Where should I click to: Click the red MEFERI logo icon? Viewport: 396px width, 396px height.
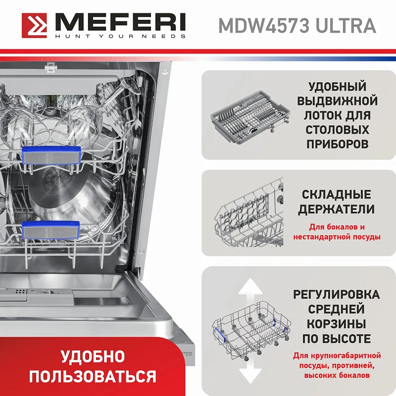(35, 25)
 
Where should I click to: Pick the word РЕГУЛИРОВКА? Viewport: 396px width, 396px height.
(337, 295)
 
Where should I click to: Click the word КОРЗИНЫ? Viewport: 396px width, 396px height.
(337, 324)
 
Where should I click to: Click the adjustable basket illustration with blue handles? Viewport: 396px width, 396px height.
(250, 333)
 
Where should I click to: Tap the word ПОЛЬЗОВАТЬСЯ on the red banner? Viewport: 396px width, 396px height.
(93, 376)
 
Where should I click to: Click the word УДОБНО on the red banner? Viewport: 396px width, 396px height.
(93, 356)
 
